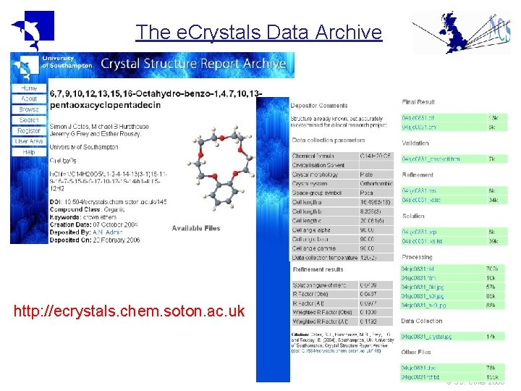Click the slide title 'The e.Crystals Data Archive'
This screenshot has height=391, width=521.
coord(258,33)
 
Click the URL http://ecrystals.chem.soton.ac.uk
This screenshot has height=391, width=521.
coord(130,312)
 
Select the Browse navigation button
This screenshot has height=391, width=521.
coord(29,109)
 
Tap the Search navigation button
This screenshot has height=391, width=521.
coord(29,120)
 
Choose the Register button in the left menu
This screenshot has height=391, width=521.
coord(29,131)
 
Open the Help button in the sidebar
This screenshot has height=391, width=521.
coord(29,152)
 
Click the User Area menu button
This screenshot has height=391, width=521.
coord(29,142)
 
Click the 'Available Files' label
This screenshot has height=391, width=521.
coord(195,228)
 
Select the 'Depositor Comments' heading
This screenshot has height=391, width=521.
coord(319,106)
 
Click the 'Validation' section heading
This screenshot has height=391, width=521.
coord(415,143)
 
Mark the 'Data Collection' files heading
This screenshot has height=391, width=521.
coord(422,321)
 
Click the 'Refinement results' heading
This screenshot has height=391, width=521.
coord(318,270)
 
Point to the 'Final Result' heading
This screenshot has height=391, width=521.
coord(418,102)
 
